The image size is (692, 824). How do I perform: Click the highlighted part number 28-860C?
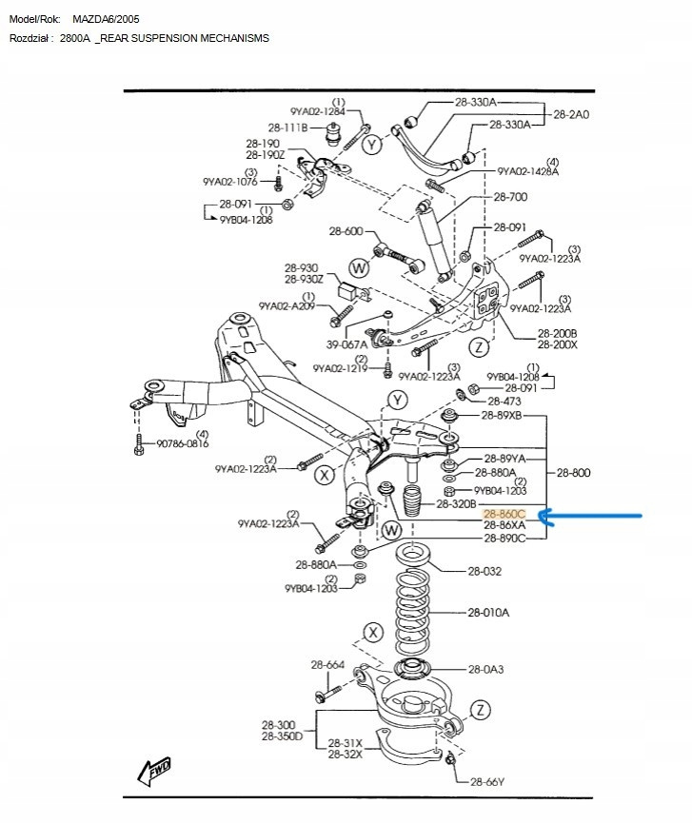point(504,515)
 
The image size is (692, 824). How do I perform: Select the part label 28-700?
point(510,197)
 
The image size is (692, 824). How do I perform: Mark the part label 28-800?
point(574,472)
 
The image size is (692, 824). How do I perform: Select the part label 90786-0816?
point(182,443)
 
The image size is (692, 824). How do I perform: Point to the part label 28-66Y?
point(487,781)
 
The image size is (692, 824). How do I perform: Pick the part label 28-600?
point(346,231)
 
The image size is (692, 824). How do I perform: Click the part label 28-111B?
point(287,128)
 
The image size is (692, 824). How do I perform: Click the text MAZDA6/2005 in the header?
point(106,19)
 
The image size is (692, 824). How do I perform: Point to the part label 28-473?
point(504,402)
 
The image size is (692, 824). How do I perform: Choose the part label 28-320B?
point(456,503)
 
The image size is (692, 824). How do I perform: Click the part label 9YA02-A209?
point(287,307)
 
